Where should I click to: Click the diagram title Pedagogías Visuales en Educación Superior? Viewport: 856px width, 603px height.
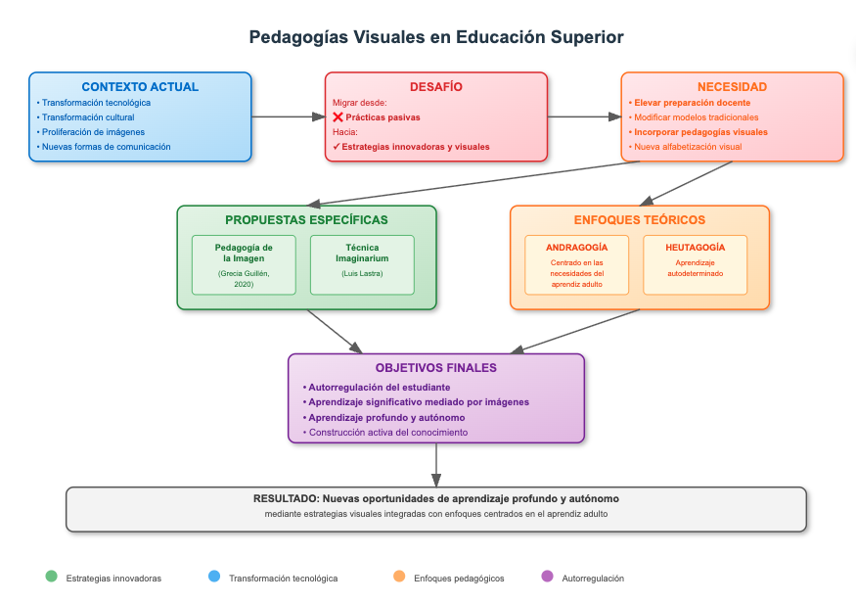pyautogui.click(x=436, y=37)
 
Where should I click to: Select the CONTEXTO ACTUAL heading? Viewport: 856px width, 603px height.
pyautogui.click(x=140, y=87)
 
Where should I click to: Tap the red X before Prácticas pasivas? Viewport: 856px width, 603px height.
pyautogui.click(x=338, y=116)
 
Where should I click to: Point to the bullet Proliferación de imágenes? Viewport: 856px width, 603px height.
pyautogui.click(x=91, y=132)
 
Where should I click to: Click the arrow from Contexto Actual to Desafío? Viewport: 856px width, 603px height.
pyautogui.click(x=289, y=116)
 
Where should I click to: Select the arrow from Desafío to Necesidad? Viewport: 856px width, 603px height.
pyautogui.click(x=584, y=116)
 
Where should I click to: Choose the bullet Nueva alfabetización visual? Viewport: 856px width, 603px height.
pyautogui.click(x=685, y=147)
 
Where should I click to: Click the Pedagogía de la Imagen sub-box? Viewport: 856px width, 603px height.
pyautogui.click(x=244, y=265)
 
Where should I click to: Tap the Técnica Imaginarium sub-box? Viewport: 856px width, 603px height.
pyautogui.click(x=362, y=265)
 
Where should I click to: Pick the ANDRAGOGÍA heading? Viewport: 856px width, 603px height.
pyautogui.click(x=576, y=248)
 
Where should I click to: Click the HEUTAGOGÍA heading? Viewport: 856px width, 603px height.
pyautogui.click(x=695, y=248)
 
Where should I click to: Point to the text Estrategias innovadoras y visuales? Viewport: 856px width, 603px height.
pyautogui.click(x=416, y=147)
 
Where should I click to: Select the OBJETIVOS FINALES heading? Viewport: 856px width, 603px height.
pyautogui.click(x=435, y=368)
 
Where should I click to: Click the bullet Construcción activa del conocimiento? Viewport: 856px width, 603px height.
pyautogui.click(x=384, y=433)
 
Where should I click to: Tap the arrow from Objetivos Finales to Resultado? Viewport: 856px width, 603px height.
pyautogui.click(x=436, y=465)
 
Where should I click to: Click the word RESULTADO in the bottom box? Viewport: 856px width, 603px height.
pyautogui.click(x=286, y=498)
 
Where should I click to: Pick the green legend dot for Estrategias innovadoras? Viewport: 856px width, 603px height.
pyautogui.click(x=51, y=577)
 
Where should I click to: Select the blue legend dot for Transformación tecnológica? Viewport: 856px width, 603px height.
pyautogui.click(x=214, y=577)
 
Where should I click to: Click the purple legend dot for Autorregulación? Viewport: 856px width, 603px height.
pyautogui.click(x=547, y=577)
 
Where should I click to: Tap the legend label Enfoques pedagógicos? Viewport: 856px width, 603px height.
pyautogui.click(x=459, y=579)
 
